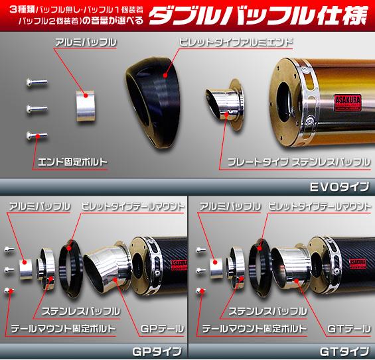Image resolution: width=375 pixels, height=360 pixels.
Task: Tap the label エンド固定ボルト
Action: (x=72, y=160)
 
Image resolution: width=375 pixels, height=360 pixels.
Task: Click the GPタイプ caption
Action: (x=158, y=351)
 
